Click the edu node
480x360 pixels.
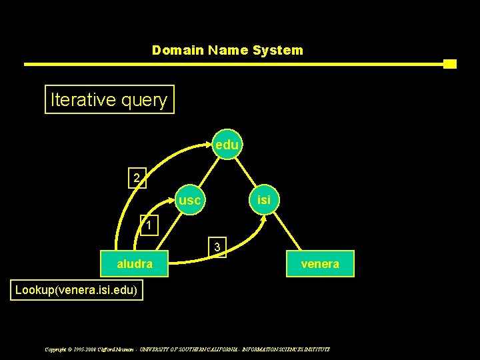click(x=227, y=145)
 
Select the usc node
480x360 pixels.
click(x=190, y=199)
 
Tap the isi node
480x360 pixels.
click(x=264, y=199)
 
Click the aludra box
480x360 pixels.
click(x=135, y=264)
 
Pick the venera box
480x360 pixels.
click(x=320, y=264)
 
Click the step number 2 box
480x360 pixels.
click(x=137, y=178)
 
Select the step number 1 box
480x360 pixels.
click(x=149, y=225)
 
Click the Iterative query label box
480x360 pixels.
click(x=109, y=100)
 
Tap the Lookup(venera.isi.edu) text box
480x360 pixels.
click(x=77, y=291)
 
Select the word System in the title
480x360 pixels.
click(x=277, y=50)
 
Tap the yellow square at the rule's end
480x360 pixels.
click(x=450, y=64)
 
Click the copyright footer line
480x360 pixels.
click(x=187, y=349)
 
